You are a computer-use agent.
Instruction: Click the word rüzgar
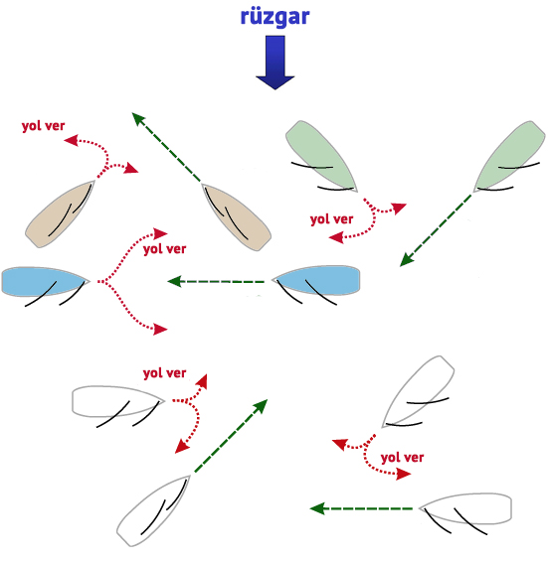pyautogui.click(x=274, y=17)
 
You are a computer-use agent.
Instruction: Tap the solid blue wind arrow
pyautogui.click(x=275, y=63)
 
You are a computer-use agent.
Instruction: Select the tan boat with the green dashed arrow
pyautogui.click(x=236, y=216)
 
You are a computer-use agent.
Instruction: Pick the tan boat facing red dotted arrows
pyautogui.click(x=60, y=213)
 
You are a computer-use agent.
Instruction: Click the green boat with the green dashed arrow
pyautogui.click(x=509, y=156)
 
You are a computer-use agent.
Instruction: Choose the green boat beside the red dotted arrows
pyautogui.click(x=321, y=156)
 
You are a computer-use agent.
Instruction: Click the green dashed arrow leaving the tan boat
pyautogui.click(x=166, y=147)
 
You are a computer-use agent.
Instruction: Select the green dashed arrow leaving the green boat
pyautogui.click(x=436, y=230)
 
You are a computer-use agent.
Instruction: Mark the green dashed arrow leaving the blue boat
pyautogui.click(x=216, y=281)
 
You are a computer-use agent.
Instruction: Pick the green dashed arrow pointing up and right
pyautogui.click(x=231, y=436)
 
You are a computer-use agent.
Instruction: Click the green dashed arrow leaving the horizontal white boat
pyautogui.click(x=361, y=508)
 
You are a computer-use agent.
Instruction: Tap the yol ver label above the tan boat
pyautogui.click(x=43, y=126)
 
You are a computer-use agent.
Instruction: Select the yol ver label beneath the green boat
pyautogui.click(x=331, y=219)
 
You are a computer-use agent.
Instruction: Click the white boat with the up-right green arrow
pyautogui.click(x=153, y=510)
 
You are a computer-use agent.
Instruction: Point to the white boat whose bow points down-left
pyautogui.click(x=419, y=391)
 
